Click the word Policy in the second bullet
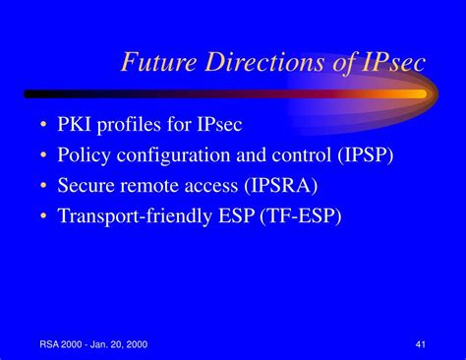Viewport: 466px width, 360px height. [x=84, y=155]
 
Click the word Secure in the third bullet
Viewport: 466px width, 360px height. [x=87, y=186]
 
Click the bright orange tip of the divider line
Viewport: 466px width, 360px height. [x=418, y=94]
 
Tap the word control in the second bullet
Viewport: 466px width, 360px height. [x=295, y=155]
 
